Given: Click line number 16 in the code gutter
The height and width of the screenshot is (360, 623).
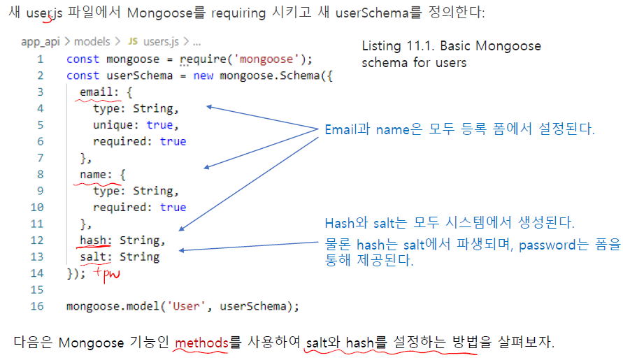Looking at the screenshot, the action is (x=37, y=306).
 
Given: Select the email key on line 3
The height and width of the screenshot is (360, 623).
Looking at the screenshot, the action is (x=95, y=92).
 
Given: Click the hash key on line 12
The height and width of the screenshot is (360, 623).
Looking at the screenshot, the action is (x=93, y=240).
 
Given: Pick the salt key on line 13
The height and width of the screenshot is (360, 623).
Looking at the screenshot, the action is (x=93, y=257).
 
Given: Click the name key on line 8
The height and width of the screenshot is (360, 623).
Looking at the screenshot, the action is (x=93, y=175).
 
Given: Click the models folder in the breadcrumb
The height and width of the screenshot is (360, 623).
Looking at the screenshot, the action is (x=92, y=42).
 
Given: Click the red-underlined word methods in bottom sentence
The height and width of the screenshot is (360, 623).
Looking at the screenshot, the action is (x=201, y=343).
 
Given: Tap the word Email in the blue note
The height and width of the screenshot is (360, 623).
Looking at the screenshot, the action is (x=341, y=130).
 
